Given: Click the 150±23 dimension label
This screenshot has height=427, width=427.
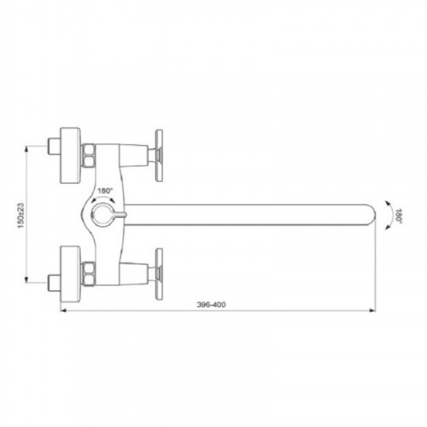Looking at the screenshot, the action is point(21,215).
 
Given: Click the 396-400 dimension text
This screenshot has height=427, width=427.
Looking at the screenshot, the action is point(211,305).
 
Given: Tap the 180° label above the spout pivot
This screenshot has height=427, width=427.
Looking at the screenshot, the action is point(106,190).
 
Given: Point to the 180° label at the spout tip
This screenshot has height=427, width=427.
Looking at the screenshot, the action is point(398,216).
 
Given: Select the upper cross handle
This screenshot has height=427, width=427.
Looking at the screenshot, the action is point(159,155).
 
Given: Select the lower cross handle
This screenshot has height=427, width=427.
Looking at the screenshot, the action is point(159,274).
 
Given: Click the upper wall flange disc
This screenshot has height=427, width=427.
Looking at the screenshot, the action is point(71,155).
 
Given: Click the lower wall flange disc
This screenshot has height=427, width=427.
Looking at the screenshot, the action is point(71,274).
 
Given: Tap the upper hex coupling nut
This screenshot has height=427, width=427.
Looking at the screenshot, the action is point(89,155).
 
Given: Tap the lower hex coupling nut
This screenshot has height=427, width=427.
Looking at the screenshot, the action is point(89,274).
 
